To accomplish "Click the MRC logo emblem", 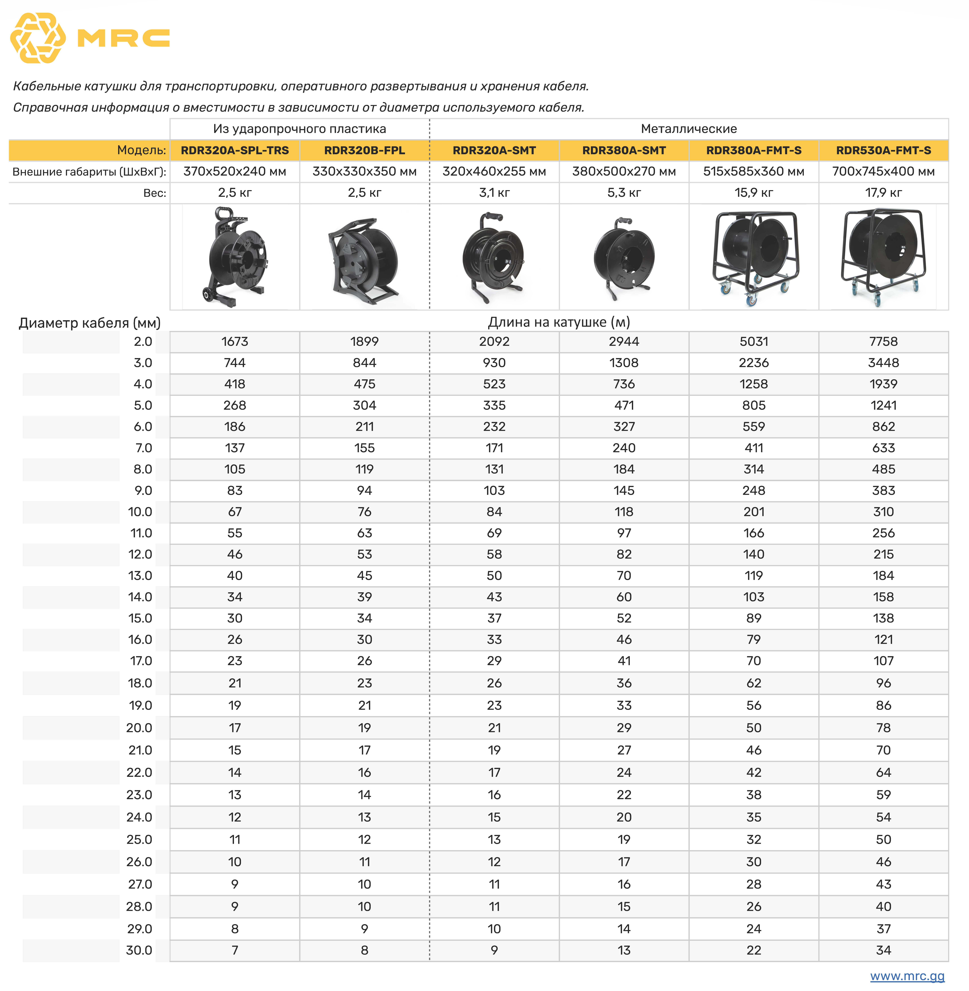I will tap(38, 38).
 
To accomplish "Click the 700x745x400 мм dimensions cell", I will tap(884, 171).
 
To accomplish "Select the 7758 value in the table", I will tap(884, 341).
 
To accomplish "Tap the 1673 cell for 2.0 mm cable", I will tap(235, 341).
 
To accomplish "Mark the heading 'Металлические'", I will tap(689, 129).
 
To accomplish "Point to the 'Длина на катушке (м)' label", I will tap(559, 322).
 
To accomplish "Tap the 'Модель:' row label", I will tap(141, 150).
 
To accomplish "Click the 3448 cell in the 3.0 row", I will tap(884, 363).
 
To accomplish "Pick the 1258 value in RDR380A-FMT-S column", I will tap(754, 384).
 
